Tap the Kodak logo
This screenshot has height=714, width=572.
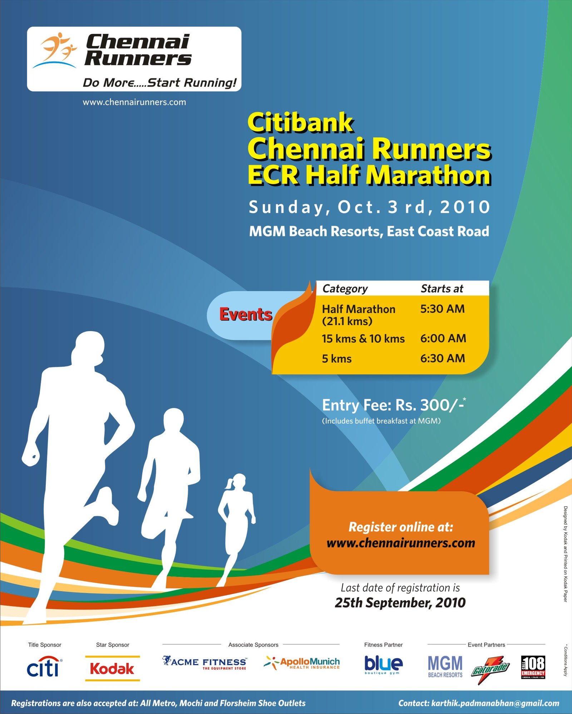[x=112, y=668]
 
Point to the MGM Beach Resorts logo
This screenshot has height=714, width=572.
[x=445, y=666]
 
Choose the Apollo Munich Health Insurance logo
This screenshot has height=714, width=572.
[x=302, y=663]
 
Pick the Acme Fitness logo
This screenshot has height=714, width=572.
[x=204, y=663]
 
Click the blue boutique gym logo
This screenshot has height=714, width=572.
[x=383, y=665]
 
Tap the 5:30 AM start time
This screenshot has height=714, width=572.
[x=442, y=309]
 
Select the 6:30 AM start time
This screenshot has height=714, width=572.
[x=443, y=358]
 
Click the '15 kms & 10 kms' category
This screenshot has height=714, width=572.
[x=363, y=339]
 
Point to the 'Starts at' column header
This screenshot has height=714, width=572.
[x=442, y=289]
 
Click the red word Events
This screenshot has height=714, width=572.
[x=246, y=314]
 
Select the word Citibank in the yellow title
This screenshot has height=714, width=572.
[x=300, y=123]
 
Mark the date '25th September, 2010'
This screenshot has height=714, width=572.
[x=400, y=603]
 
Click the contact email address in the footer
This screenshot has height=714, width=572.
[x=495, y=703]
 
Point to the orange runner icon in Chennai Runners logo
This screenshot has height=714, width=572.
[x=57, y=48]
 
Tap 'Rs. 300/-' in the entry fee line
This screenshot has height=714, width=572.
[x=429, y=405]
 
